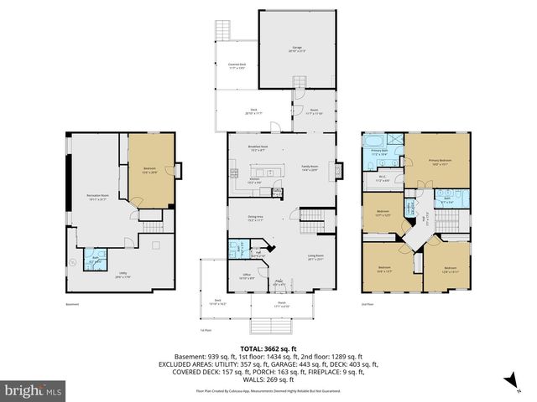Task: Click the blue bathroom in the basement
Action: click(x=93, y=258)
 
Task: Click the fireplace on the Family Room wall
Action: click(x=340, y=170)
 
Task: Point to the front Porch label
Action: click(x=281, y=306)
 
